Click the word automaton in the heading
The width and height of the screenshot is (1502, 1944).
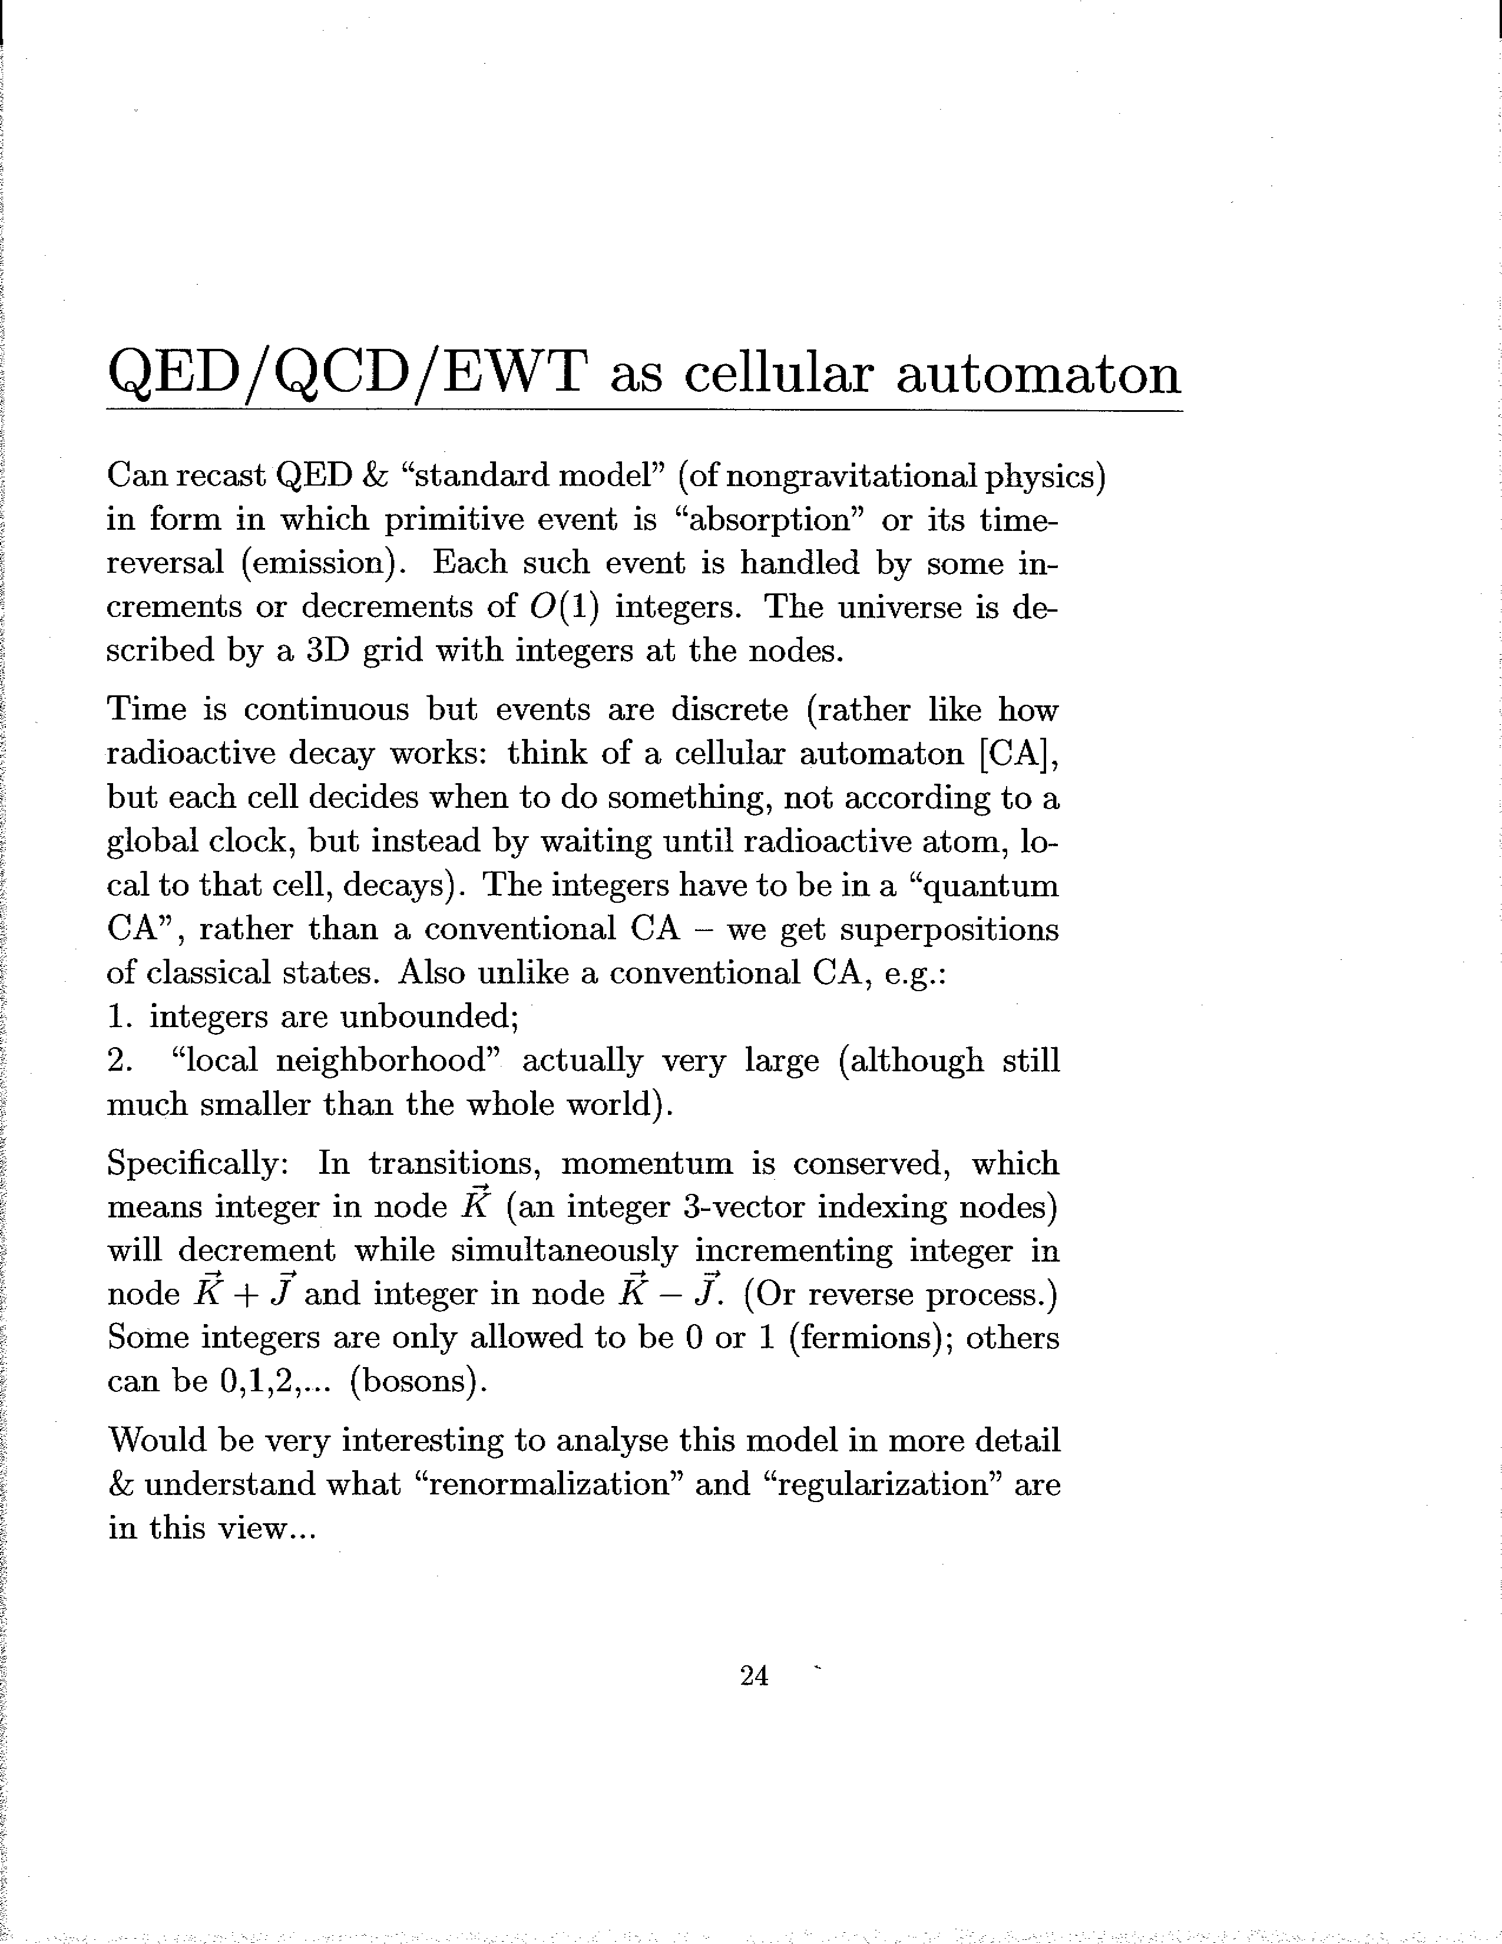tap(1037, 375)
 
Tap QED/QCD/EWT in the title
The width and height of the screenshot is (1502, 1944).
tap(347, 375)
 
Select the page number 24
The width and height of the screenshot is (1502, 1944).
tap(754, 1676)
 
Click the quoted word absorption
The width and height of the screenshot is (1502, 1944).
tap(770, 521)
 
